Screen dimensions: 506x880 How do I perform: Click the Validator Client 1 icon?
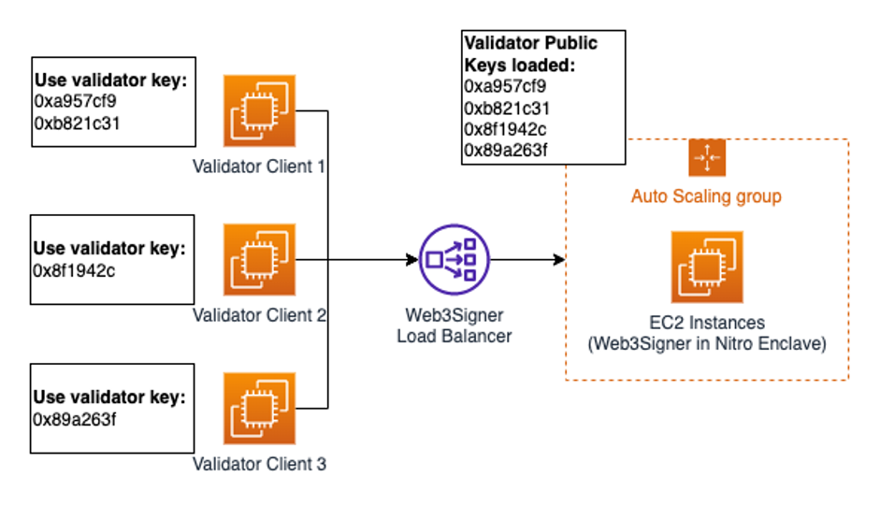259,111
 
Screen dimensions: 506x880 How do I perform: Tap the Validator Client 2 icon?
259,259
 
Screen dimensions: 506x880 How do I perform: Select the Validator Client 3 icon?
259,408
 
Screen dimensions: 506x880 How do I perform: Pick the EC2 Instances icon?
706,267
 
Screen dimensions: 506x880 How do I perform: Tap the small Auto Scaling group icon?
706,158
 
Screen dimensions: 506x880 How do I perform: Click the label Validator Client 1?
259,167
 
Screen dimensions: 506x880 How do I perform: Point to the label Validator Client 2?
259,315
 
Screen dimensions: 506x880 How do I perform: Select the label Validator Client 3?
259,463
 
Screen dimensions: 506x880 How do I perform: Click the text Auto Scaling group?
706,196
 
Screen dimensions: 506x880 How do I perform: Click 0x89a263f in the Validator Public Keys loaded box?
506,151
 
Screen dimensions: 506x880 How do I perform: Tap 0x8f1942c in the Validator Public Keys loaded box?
506,129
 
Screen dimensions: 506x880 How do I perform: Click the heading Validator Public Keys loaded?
530,54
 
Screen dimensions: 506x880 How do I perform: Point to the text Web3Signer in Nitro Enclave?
706,344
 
